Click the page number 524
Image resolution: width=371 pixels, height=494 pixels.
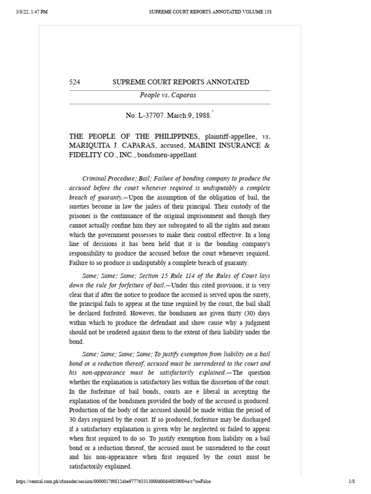click(x=75, y=82)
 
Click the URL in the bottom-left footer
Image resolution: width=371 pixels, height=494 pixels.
click(x=114, y=481)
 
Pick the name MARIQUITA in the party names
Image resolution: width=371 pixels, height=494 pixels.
click(x=90, y=146)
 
